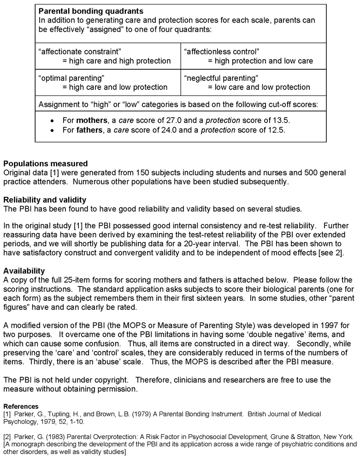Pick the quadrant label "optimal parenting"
pyautogui.click(x=65, y=78)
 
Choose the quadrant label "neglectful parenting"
pyautogui.click(x=221, y=78)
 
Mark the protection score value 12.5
pyautogui.click(x=275, y=130)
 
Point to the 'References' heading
pyautogui.click(x=21, y=406)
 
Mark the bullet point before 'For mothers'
pyautogui.click(x=53, y=120)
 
